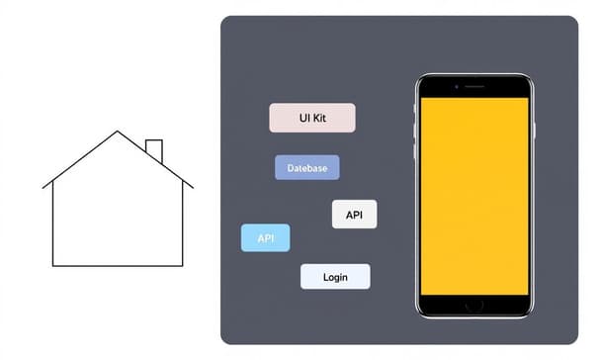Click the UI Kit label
(311, 118)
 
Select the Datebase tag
(306, 168)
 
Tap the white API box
(354, 214)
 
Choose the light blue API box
(265, 238)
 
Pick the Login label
(335, 277)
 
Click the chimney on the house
(154, 151)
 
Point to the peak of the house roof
(118, 132)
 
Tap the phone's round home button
(474, 304)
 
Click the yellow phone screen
(474, 193)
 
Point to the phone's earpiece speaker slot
(474, 87)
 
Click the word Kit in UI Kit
(318, 118)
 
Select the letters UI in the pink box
(303, 118)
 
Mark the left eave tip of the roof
(43, 187)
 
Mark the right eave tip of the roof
(193, 187)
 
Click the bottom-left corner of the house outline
(52, 266)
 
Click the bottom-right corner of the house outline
(183, 266)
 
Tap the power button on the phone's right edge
(535, 130)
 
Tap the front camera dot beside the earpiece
(456, 87)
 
